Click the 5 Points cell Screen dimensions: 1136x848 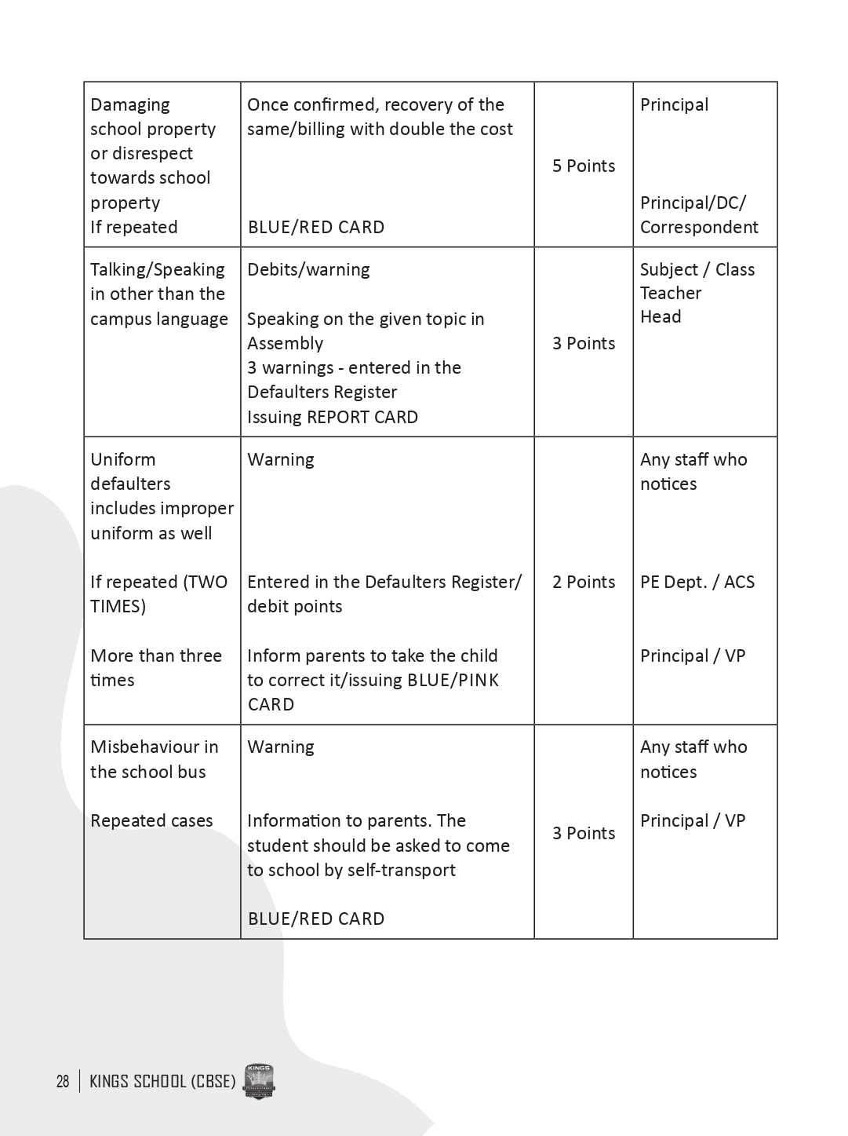(584, 166)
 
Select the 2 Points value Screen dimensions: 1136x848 (584, 582)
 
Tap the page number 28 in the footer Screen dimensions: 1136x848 (63, 1081)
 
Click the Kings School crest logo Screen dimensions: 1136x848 (259, 1082)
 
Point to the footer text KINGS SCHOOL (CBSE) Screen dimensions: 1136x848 (162, 1081)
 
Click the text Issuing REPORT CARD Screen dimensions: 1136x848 (333, 417)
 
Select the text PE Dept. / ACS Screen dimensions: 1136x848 (697, 582)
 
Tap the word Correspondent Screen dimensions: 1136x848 (699, 227)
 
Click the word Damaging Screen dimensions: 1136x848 (130, 104)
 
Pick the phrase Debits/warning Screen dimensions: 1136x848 (308, 269)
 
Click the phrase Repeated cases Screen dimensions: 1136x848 (151, 820)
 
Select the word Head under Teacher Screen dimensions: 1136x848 (661, 316)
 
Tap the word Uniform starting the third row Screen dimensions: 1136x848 (123, 459)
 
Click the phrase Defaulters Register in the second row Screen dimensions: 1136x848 (322, 392)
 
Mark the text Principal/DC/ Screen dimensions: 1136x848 (693, 203)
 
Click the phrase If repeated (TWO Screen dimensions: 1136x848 (158, 582)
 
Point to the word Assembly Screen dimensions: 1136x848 (286, 343)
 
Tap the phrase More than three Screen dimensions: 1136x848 (156, 656)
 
